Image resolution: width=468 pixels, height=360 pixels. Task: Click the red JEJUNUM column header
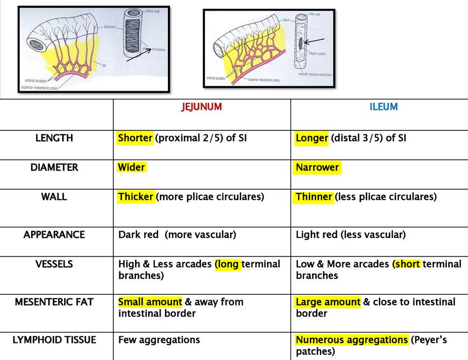pyautogui.click(x=202, y=107)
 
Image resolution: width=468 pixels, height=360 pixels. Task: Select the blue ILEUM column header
pyautogui.click(x=384, y=107)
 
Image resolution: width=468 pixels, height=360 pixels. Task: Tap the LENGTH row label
pyautogui.click(x=54, y=138)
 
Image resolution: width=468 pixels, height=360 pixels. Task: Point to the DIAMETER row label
pyautogui.click(x=54, y=167)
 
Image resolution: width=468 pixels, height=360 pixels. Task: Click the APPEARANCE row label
pyautogui.click(x=54, y=235)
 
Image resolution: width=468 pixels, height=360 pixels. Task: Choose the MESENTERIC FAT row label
pyautogui.click(x=54, y=302)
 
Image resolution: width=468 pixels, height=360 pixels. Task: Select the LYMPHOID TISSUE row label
pyautogui.click(x=54, y=340)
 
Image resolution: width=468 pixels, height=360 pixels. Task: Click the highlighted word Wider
pyautogui.click(x=131, y=167)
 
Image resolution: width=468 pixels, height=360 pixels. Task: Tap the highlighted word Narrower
pyautogui.click(x=317, y=167)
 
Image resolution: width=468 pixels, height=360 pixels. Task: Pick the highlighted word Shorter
pyautogui.click(x=135, y=138)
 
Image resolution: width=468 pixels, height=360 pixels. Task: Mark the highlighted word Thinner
pyautogui.click(x=314, y=197)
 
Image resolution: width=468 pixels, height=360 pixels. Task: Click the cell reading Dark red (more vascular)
pyautogui.click(x=177, y=235)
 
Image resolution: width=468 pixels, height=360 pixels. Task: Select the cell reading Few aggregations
pyautogui.click(x=159, y=340)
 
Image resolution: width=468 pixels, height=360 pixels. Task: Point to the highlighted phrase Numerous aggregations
pyautogui.click(x=352, y=340)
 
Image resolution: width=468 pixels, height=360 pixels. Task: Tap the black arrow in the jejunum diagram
pyautogui.click(x=137, y=55)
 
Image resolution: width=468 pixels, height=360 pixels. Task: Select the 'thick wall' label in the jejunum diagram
pyautogui.click(x=153, y=11)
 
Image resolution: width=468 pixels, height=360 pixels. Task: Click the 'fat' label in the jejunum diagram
pyautogui.click(x=104, y=65)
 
